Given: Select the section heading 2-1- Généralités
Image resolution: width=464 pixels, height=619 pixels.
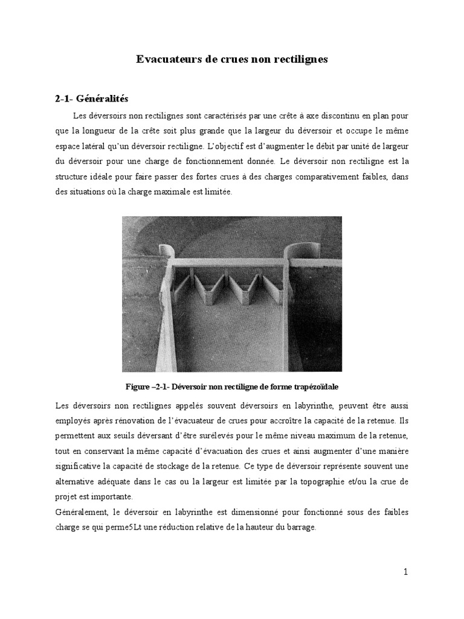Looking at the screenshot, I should pos(89,99).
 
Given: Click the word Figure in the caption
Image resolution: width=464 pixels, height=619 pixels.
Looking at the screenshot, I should pos(139,385).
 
